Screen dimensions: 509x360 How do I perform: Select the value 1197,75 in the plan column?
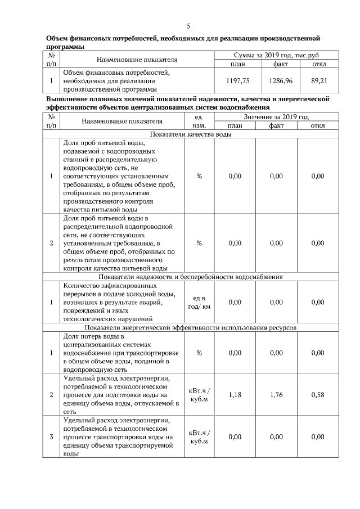click(x=235, y=81)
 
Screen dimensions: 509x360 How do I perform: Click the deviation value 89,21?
click(x=318, y=81)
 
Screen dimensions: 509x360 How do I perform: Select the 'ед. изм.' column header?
click(x=199, y=121)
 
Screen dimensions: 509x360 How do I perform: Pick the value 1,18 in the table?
click(x=235, y=395)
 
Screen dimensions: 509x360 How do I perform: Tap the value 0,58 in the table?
click(x=318, y=395)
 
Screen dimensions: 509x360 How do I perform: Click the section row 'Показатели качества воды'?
click(x=191, y=134)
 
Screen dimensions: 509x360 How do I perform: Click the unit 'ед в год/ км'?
click(x=199, y=302)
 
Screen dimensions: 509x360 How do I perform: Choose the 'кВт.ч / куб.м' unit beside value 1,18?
click(x=199, y=395)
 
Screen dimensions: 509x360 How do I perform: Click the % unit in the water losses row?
click(x=199, y=353)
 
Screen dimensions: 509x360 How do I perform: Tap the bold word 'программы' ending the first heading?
click(x=65, y=47)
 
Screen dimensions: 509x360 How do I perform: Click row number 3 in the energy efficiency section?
click(x=51, y=437)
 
